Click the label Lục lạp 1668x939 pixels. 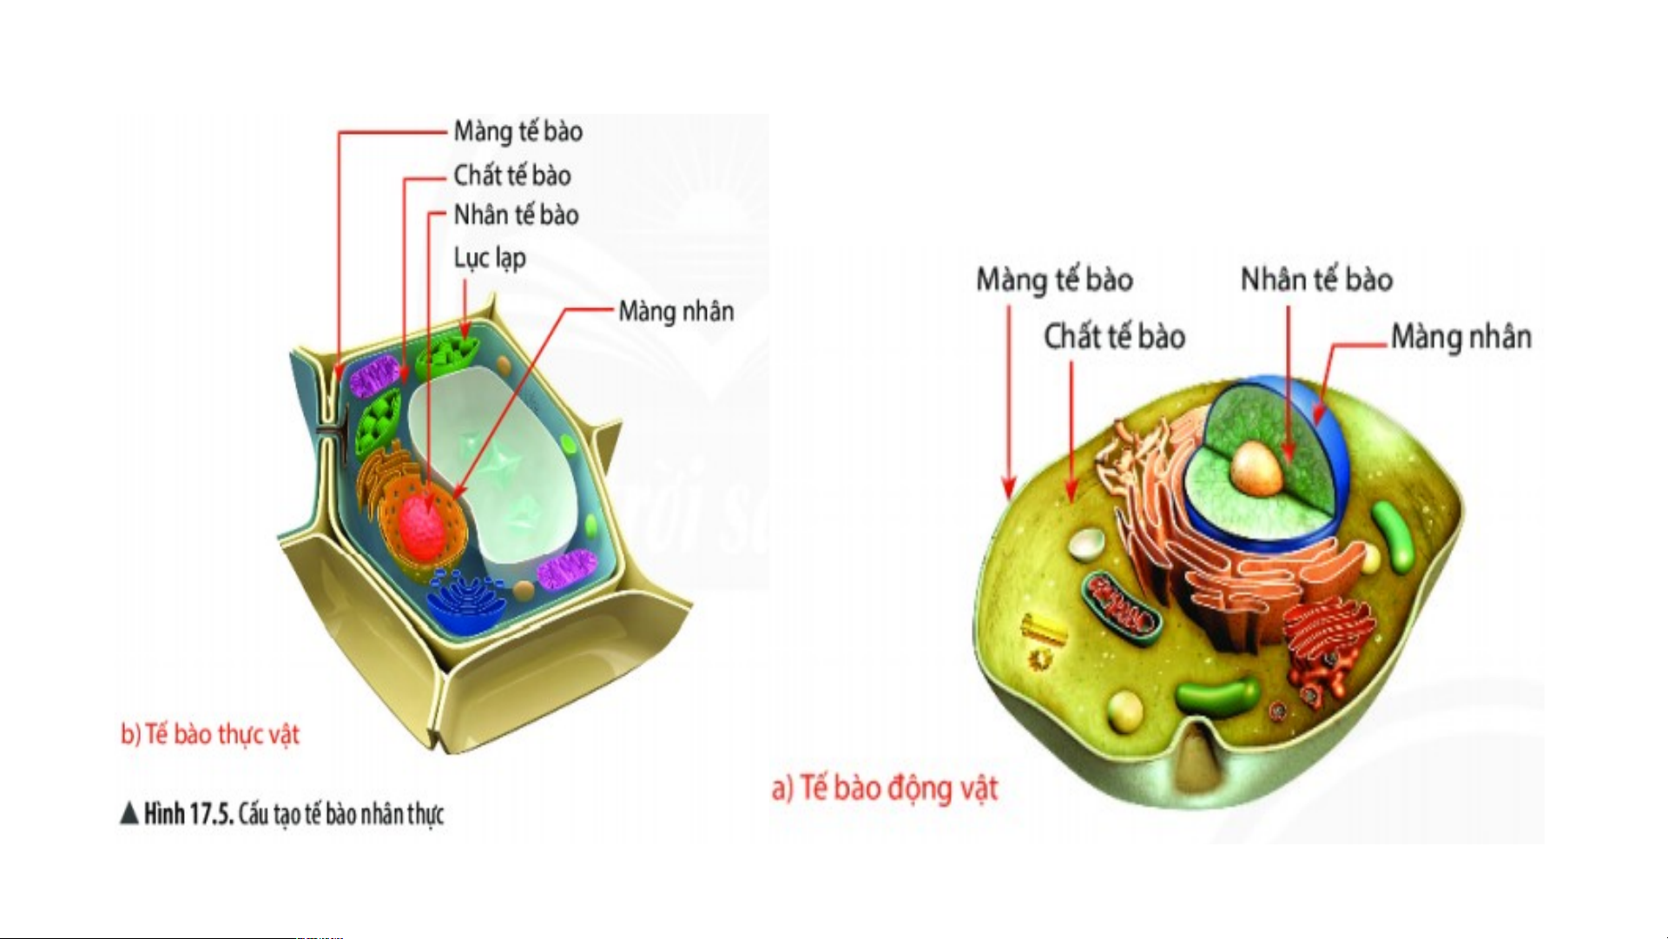pos(490,258)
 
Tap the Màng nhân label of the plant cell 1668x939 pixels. pos(676,311)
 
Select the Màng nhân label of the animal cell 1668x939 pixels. pos(1460,336)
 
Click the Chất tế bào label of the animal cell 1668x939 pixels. pos(1114,336)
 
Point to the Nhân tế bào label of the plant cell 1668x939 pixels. pos(516,215)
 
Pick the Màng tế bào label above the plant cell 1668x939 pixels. pos(518,131)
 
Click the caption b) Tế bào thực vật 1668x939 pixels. pos(209,734)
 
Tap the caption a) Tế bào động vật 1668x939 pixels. pos(885,788)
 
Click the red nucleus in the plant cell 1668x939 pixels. pos(425,526)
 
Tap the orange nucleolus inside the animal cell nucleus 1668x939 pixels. pos(1256,467)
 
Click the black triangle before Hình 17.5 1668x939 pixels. pos(129,813)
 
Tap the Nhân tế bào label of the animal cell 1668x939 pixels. pos(1316,280)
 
